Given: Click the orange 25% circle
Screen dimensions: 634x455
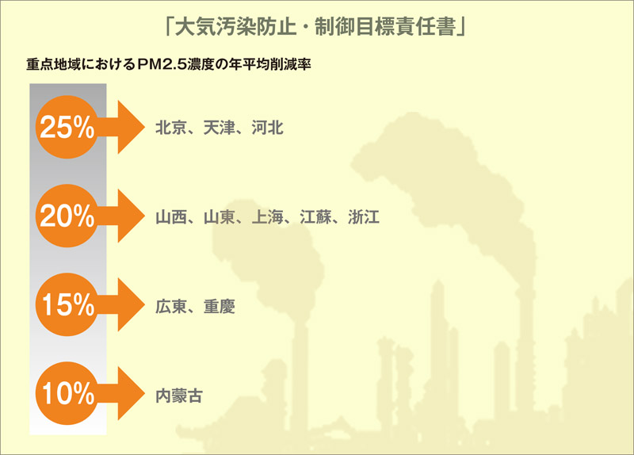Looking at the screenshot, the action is coord(67,127).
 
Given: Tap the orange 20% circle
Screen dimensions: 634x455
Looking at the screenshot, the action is coord(67,216).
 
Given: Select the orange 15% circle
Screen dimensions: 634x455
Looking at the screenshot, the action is coord(67,304).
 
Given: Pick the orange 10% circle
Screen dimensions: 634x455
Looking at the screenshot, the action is coord(67,393).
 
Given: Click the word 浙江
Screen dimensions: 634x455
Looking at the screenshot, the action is coord(364,217).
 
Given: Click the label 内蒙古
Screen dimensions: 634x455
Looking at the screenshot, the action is coord(179,396).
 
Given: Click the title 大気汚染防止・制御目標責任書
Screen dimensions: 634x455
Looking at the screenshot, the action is coord(315,28).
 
